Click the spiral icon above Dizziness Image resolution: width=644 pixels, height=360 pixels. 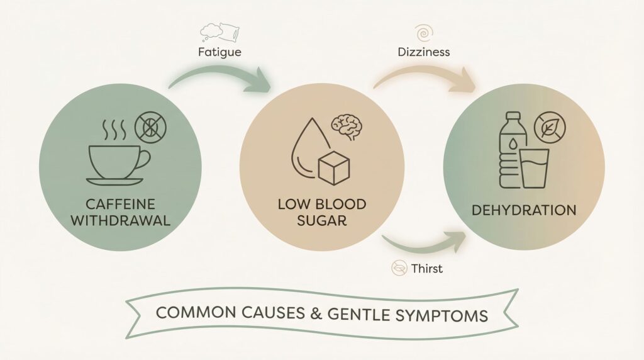[x=423, y=31]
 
